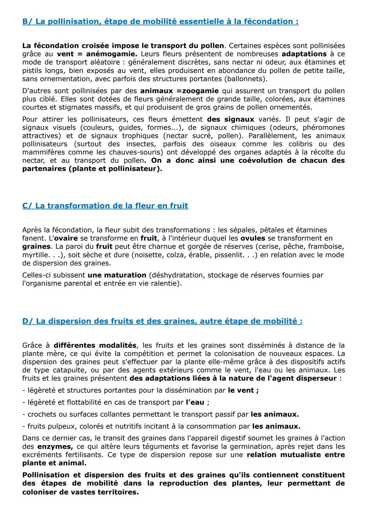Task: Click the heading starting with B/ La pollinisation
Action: click(160, 21)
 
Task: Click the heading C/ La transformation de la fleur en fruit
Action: click(105, 206)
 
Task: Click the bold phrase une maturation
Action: click(117, 275)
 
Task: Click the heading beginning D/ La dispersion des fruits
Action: click(162, 321)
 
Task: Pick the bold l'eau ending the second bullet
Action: click(195, 402)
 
